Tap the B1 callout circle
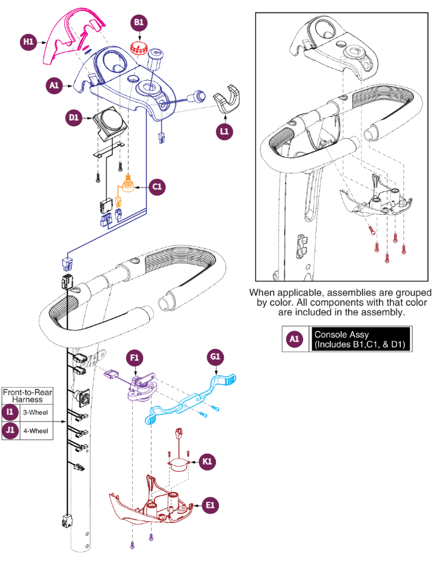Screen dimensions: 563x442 (x=139, y=24)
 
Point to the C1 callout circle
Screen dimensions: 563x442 (x=156, y=186)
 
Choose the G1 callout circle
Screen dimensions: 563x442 (x=213, y=357)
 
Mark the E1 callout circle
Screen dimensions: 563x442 (x=210, y=504)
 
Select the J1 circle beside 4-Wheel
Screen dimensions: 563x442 (x=10, y=432)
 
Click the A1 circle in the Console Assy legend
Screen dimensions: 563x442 (x=294, y=340)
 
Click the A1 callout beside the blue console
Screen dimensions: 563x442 (x=53, y=87)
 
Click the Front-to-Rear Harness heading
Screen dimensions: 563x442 (x=27, y=396)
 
